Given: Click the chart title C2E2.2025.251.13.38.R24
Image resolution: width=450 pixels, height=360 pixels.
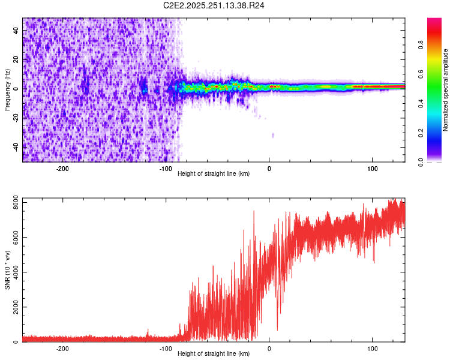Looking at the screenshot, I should (214, 5).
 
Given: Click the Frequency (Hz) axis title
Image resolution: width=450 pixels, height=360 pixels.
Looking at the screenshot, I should (7, 89).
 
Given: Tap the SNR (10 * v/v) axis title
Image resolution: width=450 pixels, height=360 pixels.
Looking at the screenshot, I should (7, 269).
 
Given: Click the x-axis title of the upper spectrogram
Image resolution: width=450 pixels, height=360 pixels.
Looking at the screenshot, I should (214, 173).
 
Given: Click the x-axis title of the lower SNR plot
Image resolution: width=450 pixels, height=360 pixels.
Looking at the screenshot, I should (214, 354).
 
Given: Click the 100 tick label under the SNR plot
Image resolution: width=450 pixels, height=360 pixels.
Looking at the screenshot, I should (372, 348).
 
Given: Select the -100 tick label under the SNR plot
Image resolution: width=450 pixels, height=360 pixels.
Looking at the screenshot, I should (166, 348).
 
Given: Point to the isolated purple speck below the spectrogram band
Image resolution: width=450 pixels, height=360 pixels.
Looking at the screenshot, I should (273, 135).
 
